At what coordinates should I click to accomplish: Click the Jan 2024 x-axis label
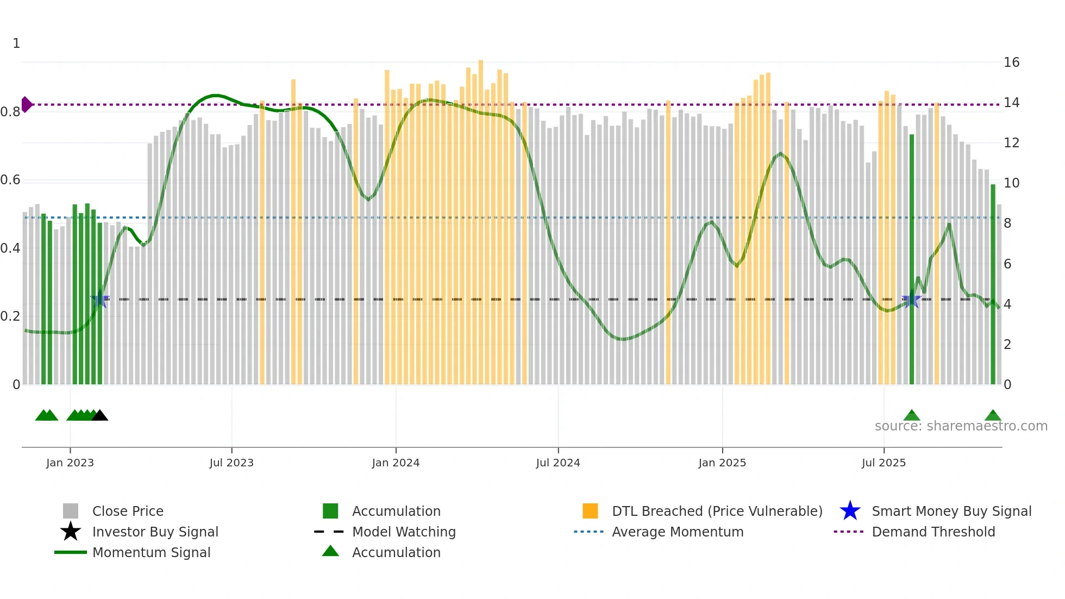(x=396, y=463)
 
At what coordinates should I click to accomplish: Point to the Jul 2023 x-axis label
(x=231, y=463)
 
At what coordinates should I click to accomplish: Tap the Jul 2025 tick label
(x=884, y=463)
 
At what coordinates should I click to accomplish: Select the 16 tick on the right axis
(x=1011, y=63)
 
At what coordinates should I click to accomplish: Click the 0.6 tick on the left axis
(x=10, y=180)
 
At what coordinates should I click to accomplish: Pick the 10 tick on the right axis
(x=1011, y=183)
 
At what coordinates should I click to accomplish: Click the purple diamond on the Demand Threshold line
(x=26, y=104)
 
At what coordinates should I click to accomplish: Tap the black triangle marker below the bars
(x=99, y=416)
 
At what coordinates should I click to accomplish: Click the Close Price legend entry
(x=128, y=511)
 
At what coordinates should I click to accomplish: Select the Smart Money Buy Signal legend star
(x=850, y=511)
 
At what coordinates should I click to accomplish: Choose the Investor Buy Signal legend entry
(x=155, y=532)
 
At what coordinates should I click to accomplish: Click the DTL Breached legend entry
(x=717, y=511)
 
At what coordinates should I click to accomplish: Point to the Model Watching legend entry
(x=404, y=532)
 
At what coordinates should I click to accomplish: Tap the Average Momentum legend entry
(x=677, y=532)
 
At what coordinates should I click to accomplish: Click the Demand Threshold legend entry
(x=933, y=532)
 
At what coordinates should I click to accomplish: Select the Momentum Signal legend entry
(x=151, y=552)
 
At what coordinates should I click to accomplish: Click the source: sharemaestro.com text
(x=961, y=426)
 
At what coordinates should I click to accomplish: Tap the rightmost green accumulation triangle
(x=993, y=416)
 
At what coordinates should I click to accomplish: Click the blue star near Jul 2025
(x=911, y=301)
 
